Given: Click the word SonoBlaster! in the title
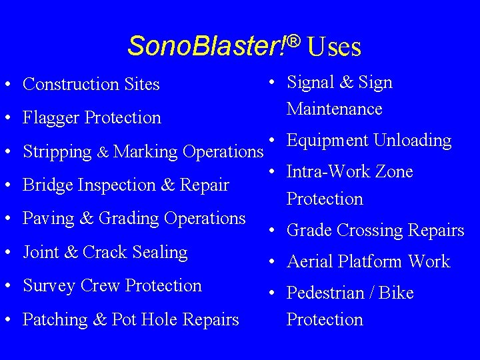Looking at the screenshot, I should (x=207, y=46).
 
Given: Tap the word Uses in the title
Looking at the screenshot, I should (x=335, y=47).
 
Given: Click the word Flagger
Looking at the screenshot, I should (x=51, y=118).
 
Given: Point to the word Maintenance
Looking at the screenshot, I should (x=334, y=109).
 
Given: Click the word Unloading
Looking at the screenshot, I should (x=413, y=141).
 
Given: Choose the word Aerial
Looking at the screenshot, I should (x=310, y=262).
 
